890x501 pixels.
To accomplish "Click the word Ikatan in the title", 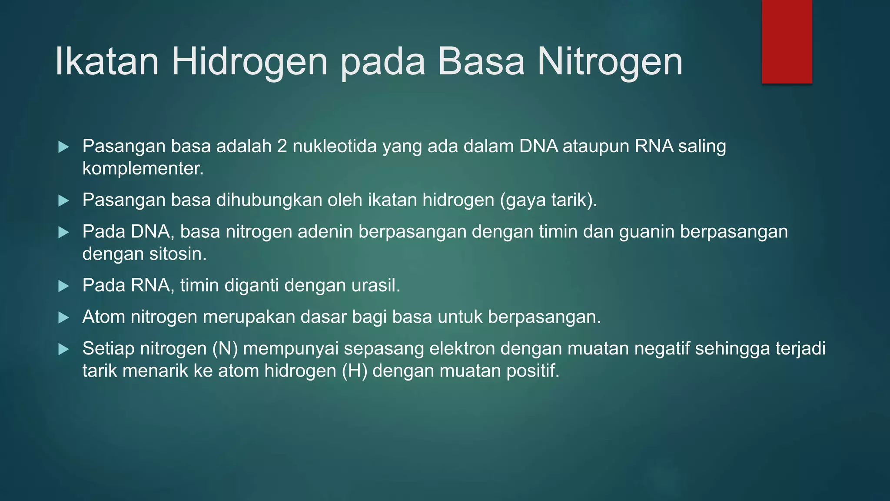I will [x=107, y=62].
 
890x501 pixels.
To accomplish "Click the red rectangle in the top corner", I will [x=787, y=41].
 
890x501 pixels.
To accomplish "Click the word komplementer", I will [x=143, y=168].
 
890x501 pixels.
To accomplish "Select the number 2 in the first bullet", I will [x=282, y=147].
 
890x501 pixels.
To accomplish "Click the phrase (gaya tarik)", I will [x=548, y=200].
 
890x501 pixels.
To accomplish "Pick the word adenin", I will [x=325, y=232].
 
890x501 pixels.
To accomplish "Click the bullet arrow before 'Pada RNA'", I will [x=63, y=286].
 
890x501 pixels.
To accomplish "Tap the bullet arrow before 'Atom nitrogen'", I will [x=63, y=317].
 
